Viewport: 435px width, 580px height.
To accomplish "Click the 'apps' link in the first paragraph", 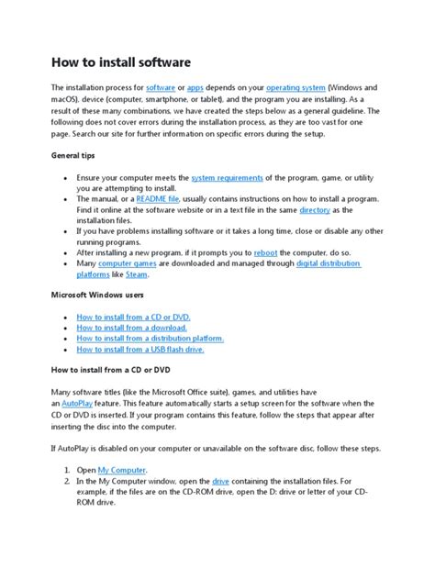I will [x=195, y=87].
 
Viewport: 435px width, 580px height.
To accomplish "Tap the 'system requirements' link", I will [x=227, y=177].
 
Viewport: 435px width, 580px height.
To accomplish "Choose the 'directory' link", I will [x=314, y=210].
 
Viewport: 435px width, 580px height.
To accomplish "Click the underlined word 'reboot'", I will [x=267, y=252].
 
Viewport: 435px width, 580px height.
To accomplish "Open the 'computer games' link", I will [x=128, y=263].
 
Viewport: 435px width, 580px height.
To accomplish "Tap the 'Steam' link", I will [x=137, y=274].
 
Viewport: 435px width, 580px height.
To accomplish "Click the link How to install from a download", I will [x=131, y=328].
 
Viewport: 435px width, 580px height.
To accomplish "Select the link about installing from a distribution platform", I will [x=150, y=339].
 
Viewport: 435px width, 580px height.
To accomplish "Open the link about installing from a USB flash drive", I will [x=139, y=350].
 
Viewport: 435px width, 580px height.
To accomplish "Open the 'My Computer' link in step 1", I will [x=121, y=469].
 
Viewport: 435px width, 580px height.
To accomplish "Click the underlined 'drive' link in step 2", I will [x=221, y=480].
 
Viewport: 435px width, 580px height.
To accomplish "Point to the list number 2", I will [x=67, y=480].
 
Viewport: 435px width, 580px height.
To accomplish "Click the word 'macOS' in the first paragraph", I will [x=65, y=98].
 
